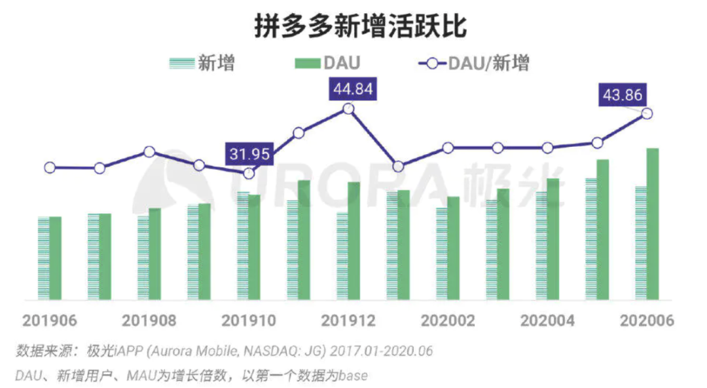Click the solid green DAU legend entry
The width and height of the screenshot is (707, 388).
tap(327, 64)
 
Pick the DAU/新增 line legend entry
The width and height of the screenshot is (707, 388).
tap(475, 64)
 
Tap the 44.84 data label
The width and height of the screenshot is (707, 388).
tap(353, 89)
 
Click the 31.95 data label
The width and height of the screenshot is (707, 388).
tap(248, 155)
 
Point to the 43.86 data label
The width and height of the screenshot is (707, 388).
tap(623, 96)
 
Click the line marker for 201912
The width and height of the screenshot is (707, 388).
tap(348, 109)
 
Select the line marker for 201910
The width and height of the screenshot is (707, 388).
tap(249, 173)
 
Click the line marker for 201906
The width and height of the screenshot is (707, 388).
tap(50, 168)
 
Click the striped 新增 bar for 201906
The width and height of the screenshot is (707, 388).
tap(43, 258)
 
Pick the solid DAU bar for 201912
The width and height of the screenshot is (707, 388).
tap(353, 241)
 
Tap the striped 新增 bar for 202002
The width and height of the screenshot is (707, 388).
tap(442, 254)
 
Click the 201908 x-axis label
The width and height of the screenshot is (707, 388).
tap(149, 321)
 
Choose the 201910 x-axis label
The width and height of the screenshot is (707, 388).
tap(249, 321)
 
